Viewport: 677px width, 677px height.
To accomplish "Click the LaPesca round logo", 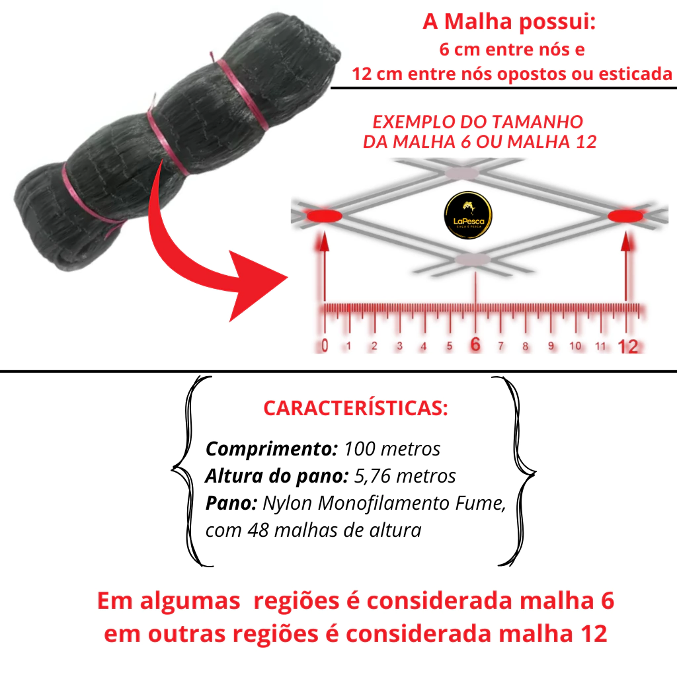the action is tap(468, 215).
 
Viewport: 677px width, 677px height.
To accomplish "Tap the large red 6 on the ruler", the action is tap(475, 344).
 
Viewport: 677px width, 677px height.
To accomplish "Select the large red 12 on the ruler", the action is tap(628, 346).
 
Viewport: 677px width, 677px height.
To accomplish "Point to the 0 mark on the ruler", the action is tap(325, 345).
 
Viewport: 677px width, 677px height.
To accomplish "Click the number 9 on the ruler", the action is tap(551, 346).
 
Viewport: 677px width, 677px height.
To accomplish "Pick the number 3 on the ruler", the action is tap(399, 346).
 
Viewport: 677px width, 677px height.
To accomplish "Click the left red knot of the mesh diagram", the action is tap(324, 216).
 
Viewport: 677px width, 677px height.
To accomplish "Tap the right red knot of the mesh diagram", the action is tap(625, 216).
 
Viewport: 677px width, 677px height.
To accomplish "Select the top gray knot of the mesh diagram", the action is tap(462, 173).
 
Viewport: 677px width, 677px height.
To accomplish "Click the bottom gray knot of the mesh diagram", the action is tap(473, 259).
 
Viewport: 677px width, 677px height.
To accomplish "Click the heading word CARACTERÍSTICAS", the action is tap(355, 408).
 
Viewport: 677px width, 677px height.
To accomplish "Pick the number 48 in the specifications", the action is tap(259, 530).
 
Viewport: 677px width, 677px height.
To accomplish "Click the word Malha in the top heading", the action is tap(478, 21).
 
